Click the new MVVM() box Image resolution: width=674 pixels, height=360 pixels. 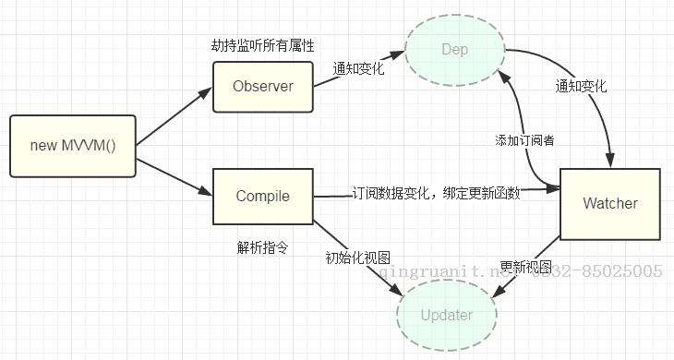click(72, 146)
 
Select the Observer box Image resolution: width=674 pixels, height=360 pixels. click(262, 87)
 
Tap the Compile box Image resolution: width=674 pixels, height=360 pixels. click(262, 196)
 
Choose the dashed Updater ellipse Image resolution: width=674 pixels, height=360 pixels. click(446, 315)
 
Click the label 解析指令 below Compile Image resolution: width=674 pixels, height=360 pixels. click(263, 247)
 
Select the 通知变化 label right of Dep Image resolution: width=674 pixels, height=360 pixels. click(581, 86)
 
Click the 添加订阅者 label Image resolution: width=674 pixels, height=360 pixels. click(523, 139)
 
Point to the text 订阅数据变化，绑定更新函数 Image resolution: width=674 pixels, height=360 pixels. click(436, 193)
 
